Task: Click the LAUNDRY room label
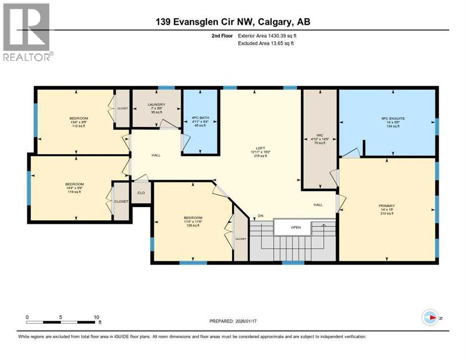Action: pos(156,105)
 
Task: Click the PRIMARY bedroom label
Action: pos(387,205)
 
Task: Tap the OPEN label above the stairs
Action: pos(295,227)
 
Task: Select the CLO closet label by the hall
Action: pos(141,192)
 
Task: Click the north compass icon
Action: pos(430,317)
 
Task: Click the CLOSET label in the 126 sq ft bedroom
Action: pos(241,239)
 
